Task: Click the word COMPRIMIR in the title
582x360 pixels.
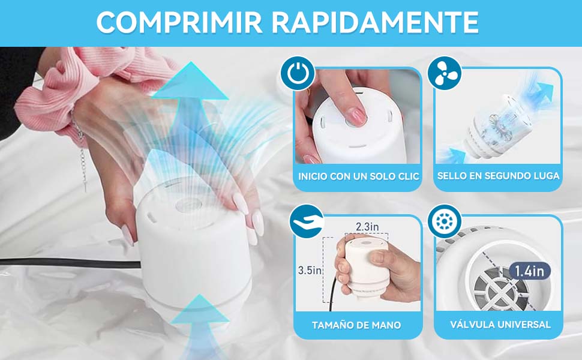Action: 178,23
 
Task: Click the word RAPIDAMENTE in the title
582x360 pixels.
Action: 374,23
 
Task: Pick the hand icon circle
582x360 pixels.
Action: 306,221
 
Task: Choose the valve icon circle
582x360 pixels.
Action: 445,221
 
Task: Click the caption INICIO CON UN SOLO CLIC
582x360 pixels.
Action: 359,176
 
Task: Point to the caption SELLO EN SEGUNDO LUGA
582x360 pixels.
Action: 498,176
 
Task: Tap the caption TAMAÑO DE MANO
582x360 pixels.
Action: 356,325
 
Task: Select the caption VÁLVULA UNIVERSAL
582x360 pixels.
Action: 500,325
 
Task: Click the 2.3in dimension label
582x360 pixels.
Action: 367,227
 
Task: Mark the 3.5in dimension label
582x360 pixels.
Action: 310,270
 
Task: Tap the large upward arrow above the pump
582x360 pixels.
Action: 190,90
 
